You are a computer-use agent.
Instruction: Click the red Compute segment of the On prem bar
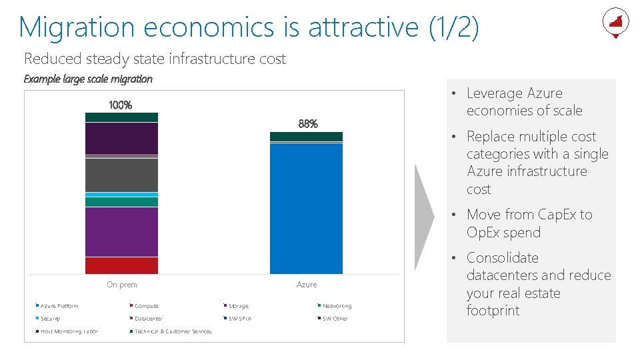coord(121,265)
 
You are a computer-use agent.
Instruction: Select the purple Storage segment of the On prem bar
coord(121,231)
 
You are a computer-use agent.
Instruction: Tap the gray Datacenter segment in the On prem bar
coord(121,175)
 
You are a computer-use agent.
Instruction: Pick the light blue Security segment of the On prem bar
coord(121,195)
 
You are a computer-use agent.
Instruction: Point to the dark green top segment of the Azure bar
coord(306,137)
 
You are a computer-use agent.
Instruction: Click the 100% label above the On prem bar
coord(121,105)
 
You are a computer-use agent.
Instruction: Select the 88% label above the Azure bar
coord(307,124)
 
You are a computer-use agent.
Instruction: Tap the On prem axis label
coord(122,285)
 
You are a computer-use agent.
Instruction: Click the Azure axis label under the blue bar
coord(307,285)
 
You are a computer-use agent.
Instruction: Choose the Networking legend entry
coord(337,306)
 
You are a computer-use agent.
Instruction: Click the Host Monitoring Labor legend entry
coord(69,331)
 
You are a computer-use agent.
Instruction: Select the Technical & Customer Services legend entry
coord(173,331)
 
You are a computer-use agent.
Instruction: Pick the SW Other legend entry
coord(335,319)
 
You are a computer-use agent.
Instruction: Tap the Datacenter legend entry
coord(148,319)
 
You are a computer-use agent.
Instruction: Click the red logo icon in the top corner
coord(615,22)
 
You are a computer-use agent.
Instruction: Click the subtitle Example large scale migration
coord(88,79)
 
